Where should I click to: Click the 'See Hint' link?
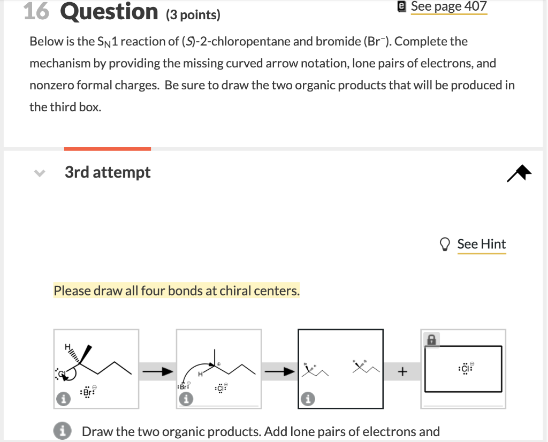481,244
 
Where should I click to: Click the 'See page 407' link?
448,6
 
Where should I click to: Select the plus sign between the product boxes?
402,371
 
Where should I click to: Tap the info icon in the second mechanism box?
186,399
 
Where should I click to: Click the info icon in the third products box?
308,399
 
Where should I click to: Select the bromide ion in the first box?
87,393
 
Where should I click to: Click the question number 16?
37,11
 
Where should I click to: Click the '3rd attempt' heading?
108,172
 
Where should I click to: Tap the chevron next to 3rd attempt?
37,173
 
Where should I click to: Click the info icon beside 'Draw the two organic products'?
64,431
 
